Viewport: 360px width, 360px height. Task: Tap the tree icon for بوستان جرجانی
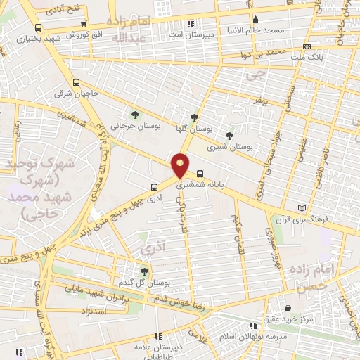coord(135,115)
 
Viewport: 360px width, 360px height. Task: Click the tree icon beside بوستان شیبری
coord(229,136)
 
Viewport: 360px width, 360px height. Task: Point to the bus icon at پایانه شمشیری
coord(200,173)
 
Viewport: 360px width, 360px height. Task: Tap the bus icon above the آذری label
coord(154,187)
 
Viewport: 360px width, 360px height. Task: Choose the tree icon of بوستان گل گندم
coord(144,271)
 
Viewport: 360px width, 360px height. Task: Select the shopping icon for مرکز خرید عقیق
coord(288,308)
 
